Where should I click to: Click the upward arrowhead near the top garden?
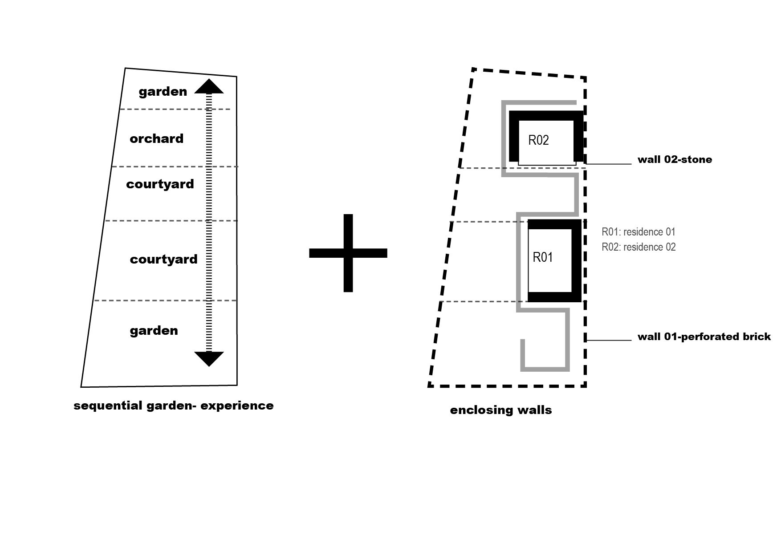[x=209, y=87]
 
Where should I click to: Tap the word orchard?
[x=156, y=139]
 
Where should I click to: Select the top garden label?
[x=163, y=92]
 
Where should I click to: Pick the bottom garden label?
[x=154, y=331]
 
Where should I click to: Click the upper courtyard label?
[x=160, y=184]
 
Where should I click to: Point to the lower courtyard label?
[x=163, y=260]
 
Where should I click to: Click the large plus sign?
[x=348, y=253]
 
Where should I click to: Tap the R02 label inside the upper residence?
[x=538, y=140]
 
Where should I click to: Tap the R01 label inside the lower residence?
[x=543, y=257]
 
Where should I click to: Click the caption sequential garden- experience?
[x=173, y=406]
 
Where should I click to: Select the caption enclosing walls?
[x=501, y=410]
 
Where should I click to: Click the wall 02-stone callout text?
[x=675, y=159]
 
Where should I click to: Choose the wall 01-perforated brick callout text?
[x=704, y=337]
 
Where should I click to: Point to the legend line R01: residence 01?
[x=638, y=232]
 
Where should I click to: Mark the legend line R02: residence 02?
[x=639, y=247]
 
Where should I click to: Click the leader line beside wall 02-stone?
[x=609, y=164]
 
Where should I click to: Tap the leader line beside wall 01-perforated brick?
[x=609, y=341]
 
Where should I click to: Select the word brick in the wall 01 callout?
[x=756, y=337]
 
